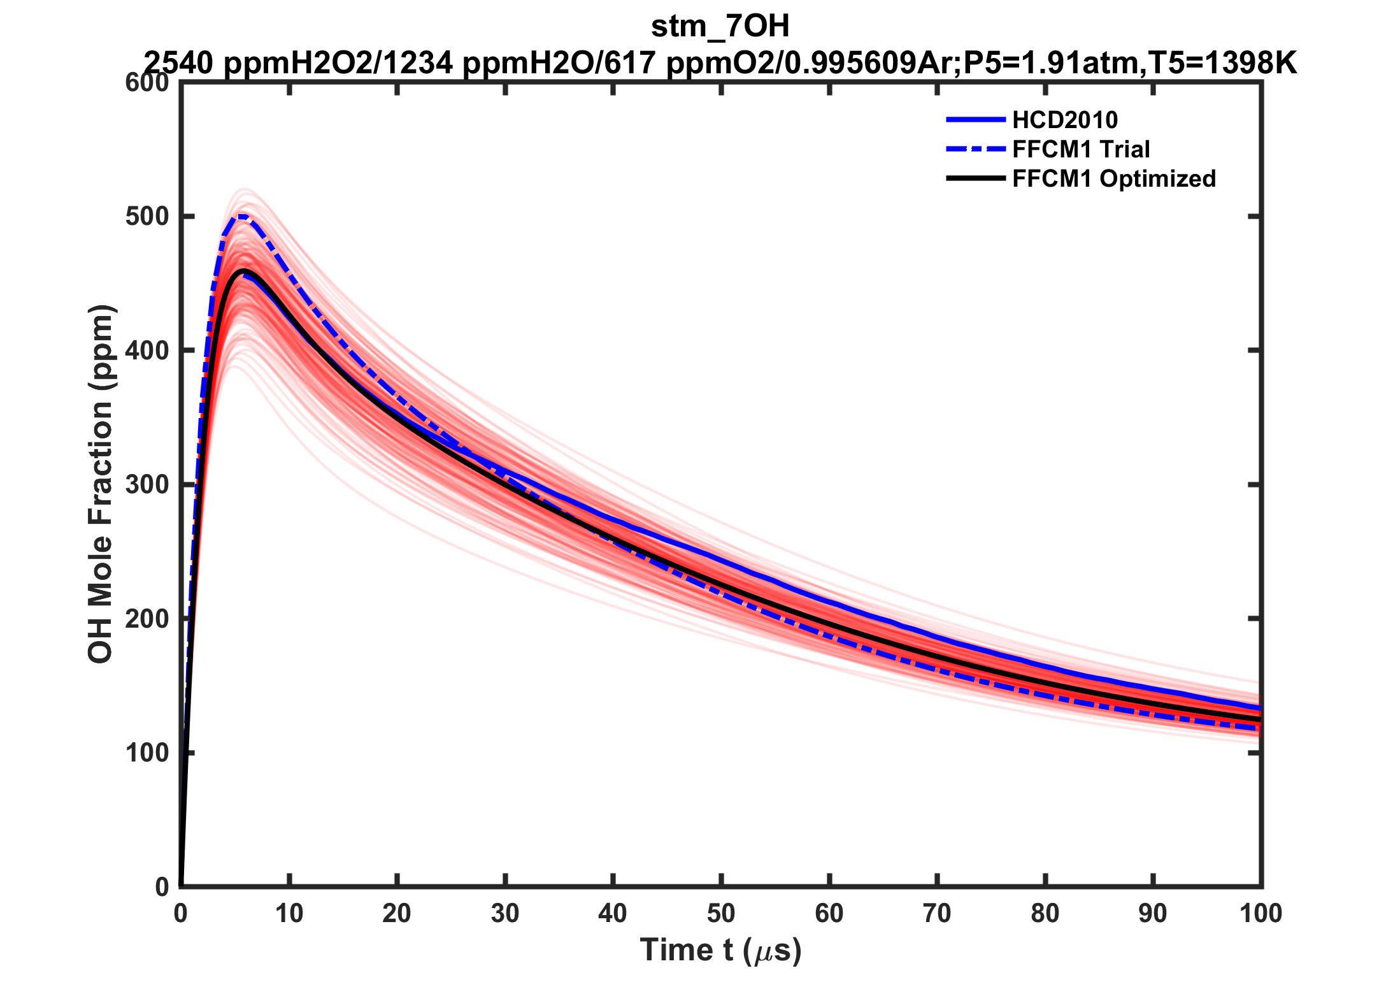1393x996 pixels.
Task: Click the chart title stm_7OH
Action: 720,27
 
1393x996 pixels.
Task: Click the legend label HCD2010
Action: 1065,120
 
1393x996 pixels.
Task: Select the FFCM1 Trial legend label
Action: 1081,149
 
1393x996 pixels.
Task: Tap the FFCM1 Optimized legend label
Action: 1114,178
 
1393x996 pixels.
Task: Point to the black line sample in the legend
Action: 975,178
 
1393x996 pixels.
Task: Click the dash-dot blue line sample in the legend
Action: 975,149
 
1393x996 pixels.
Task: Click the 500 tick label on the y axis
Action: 148,217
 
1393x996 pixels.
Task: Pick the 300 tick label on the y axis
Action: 148,485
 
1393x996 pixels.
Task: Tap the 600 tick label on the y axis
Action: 148,83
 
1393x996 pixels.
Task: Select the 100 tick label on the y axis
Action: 148,753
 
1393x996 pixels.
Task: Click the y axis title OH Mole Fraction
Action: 101,484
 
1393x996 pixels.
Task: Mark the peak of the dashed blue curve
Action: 242,216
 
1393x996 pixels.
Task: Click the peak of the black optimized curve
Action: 243,271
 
